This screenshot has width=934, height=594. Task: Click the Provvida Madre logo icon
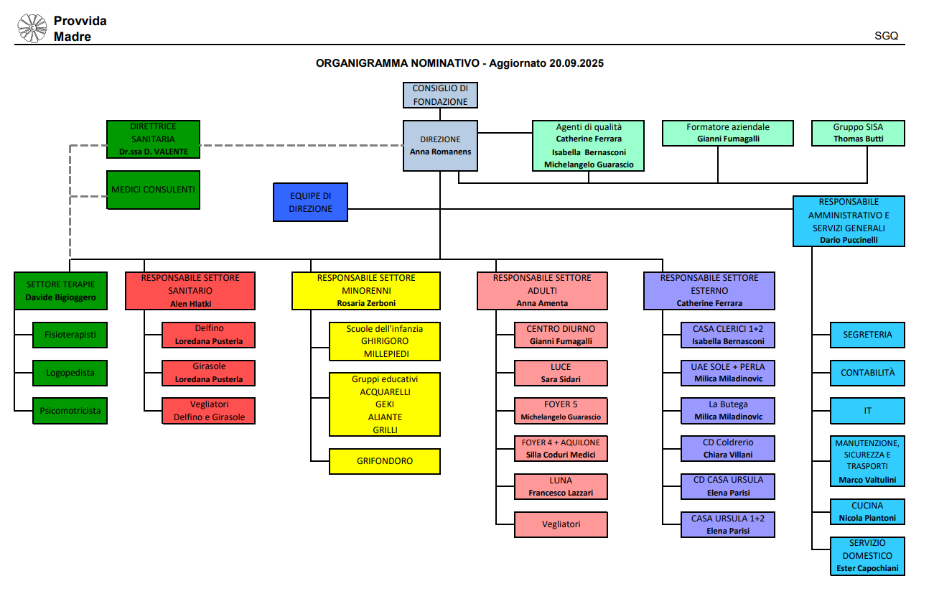coord(32,28)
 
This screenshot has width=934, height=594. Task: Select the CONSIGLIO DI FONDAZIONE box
coord(440,95)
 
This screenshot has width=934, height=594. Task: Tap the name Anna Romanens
coord(440,152)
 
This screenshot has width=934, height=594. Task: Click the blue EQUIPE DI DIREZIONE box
coord(311,202)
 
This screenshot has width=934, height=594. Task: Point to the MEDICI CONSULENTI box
coord(153,190)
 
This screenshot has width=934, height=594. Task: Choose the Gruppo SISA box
coord(858,133)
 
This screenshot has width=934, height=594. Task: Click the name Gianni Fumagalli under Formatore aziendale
coord(728,139)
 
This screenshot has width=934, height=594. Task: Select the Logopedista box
coord(70,373)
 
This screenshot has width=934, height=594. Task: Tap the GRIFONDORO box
coord(384,461)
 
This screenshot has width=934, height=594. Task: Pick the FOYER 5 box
coord(561,410)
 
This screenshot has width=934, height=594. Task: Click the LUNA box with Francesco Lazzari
coord(561,486)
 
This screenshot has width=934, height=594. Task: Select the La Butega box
coord(728,410)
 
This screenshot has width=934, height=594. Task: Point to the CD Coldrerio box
coord(728,448)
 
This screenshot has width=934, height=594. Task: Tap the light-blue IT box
coord(867,411)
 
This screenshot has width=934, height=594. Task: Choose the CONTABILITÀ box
coord(867,373)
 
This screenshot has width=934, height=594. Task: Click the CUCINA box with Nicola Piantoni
coord(867,511)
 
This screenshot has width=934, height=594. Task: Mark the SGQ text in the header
coord(886,36)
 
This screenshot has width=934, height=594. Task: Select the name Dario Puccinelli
coord(849,240)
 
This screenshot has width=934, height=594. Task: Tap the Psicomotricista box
coord(70,411)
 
